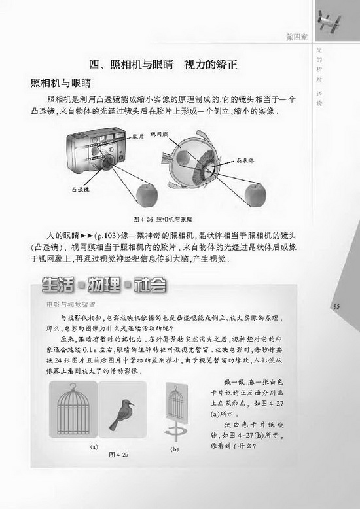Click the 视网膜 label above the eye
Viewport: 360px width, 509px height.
coord(160,133)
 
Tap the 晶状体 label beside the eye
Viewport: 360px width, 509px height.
coord(245,160)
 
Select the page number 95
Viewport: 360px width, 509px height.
coord(338,307)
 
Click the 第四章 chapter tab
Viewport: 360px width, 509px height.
coord(298,34)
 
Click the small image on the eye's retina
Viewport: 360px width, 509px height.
coord(185,159)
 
